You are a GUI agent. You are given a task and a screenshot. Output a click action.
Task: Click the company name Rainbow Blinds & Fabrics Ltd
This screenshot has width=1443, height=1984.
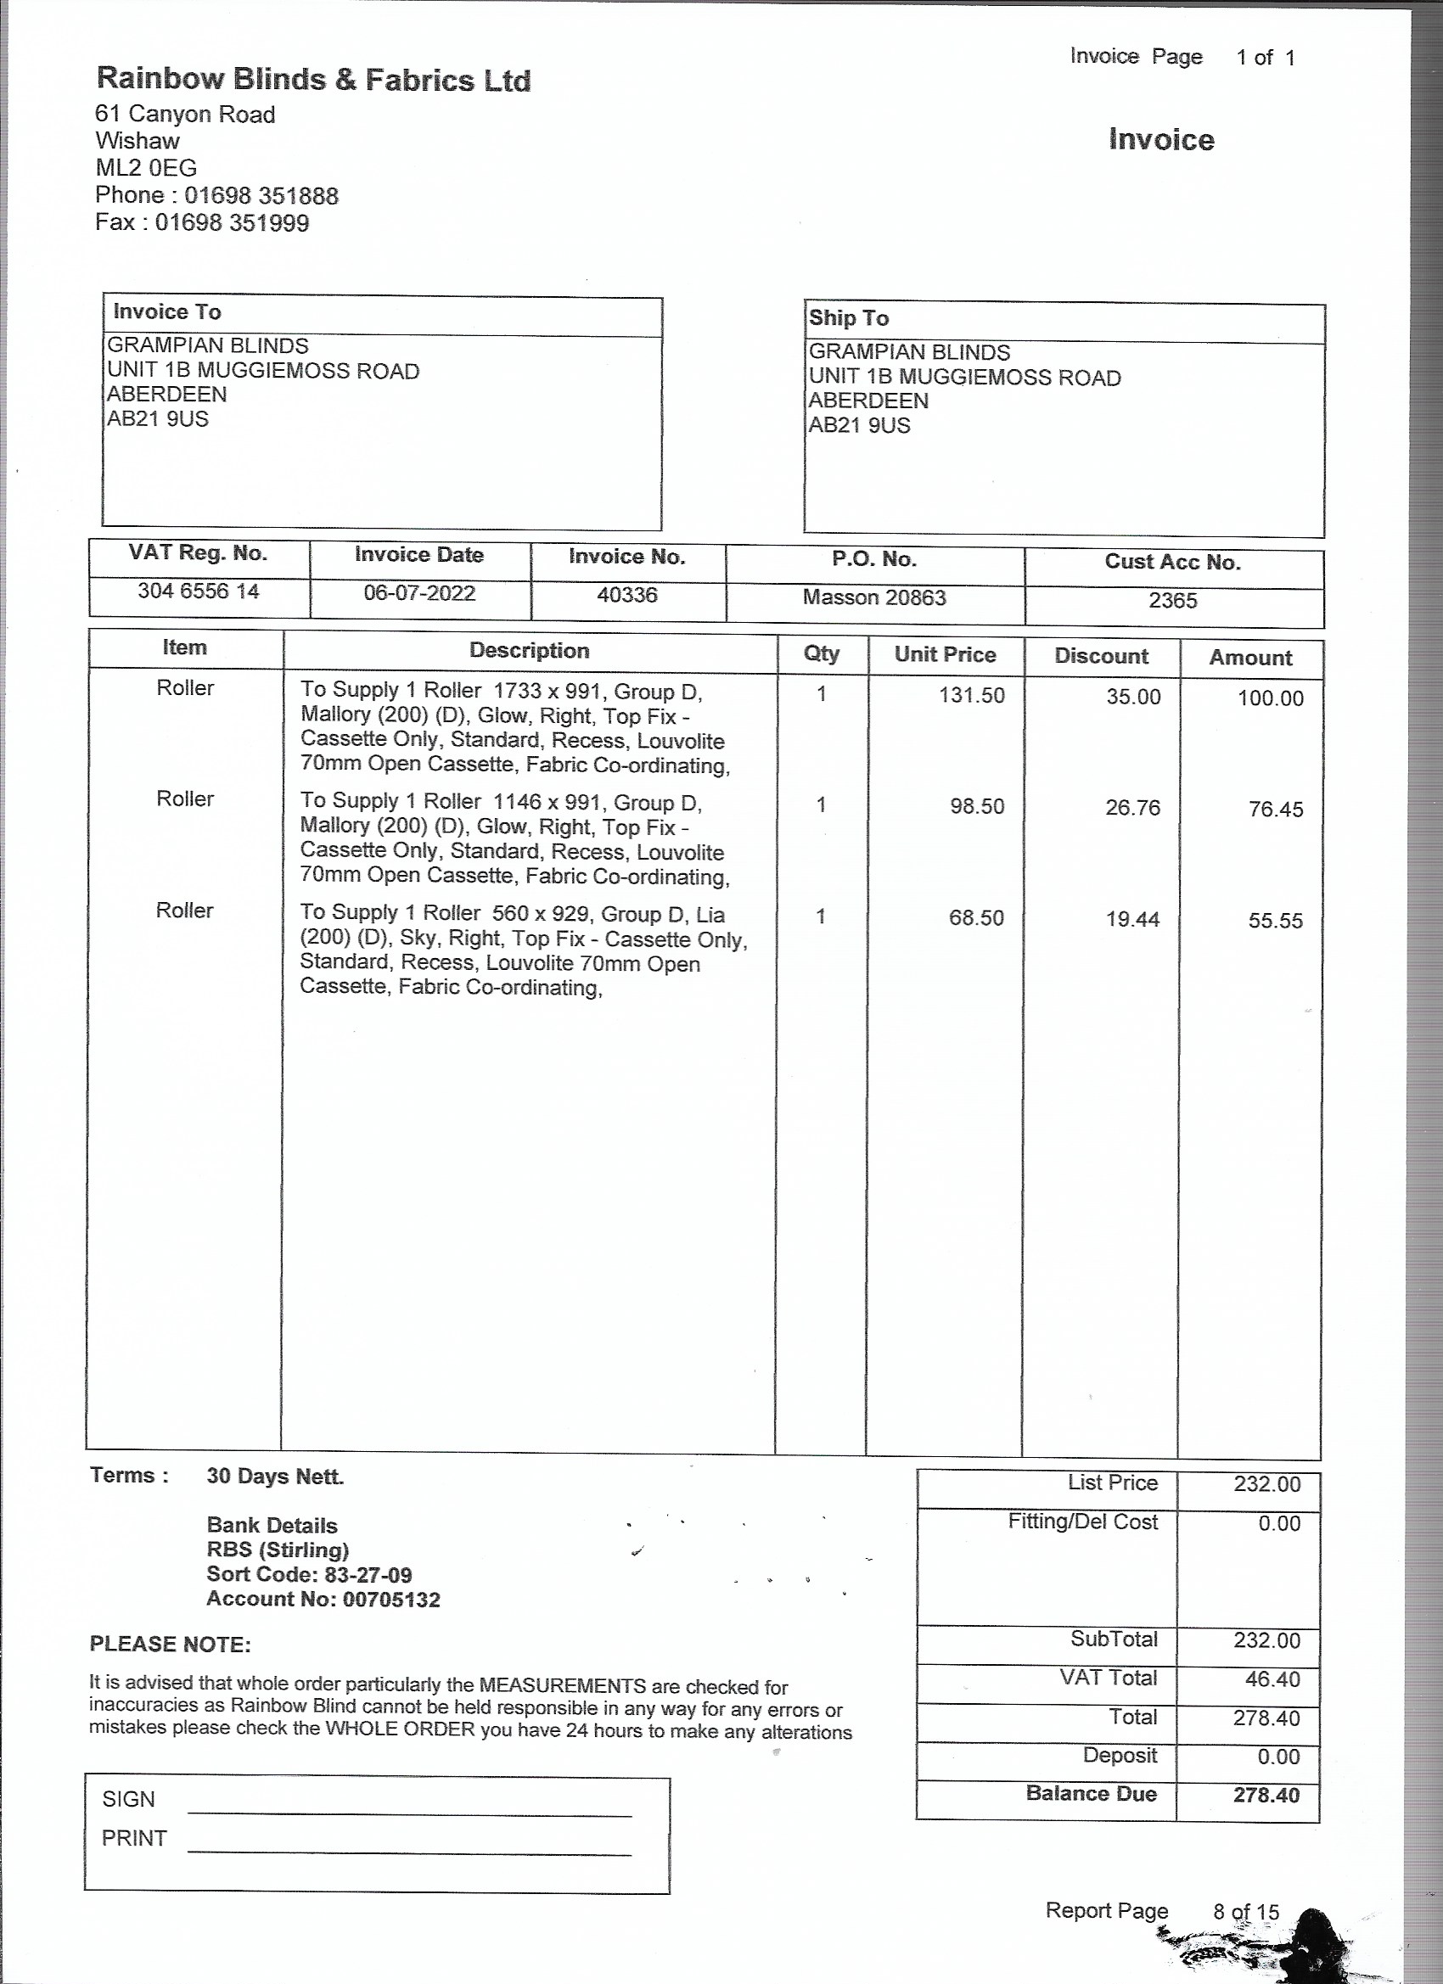(313, 80)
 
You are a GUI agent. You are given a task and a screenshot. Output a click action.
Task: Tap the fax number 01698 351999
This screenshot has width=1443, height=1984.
(232, 223)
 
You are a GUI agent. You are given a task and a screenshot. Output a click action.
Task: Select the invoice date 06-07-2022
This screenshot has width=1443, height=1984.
(419, 594)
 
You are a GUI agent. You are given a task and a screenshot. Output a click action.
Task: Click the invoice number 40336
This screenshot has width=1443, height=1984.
(626, 596)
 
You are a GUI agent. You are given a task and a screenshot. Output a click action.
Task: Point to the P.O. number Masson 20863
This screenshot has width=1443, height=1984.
(874, 598)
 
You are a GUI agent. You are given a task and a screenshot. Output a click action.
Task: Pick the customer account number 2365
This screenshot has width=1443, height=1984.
(1172, 601)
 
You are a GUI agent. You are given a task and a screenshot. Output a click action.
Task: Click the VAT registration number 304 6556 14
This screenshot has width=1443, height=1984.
(199, 592)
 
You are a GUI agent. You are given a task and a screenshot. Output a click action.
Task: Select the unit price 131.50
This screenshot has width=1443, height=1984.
(971, 697)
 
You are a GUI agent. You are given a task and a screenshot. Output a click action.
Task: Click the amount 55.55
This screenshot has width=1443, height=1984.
(1275, 922)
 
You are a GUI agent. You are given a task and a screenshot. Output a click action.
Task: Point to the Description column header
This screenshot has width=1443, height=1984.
(530, 651)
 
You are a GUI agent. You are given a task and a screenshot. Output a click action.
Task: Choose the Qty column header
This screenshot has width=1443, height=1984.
(821, 654)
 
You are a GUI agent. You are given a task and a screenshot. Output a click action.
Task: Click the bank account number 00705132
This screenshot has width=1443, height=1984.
(391, 1600)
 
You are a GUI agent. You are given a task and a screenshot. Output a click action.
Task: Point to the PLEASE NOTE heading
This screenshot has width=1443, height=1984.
(170, 1645)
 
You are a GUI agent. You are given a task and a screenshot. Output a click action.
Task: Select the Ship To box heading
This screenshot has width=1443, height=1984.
(849, 318)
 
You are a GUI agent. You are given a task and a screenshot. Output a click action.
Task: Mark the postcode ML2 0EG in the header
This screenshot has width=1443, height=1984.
(146, 168)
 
